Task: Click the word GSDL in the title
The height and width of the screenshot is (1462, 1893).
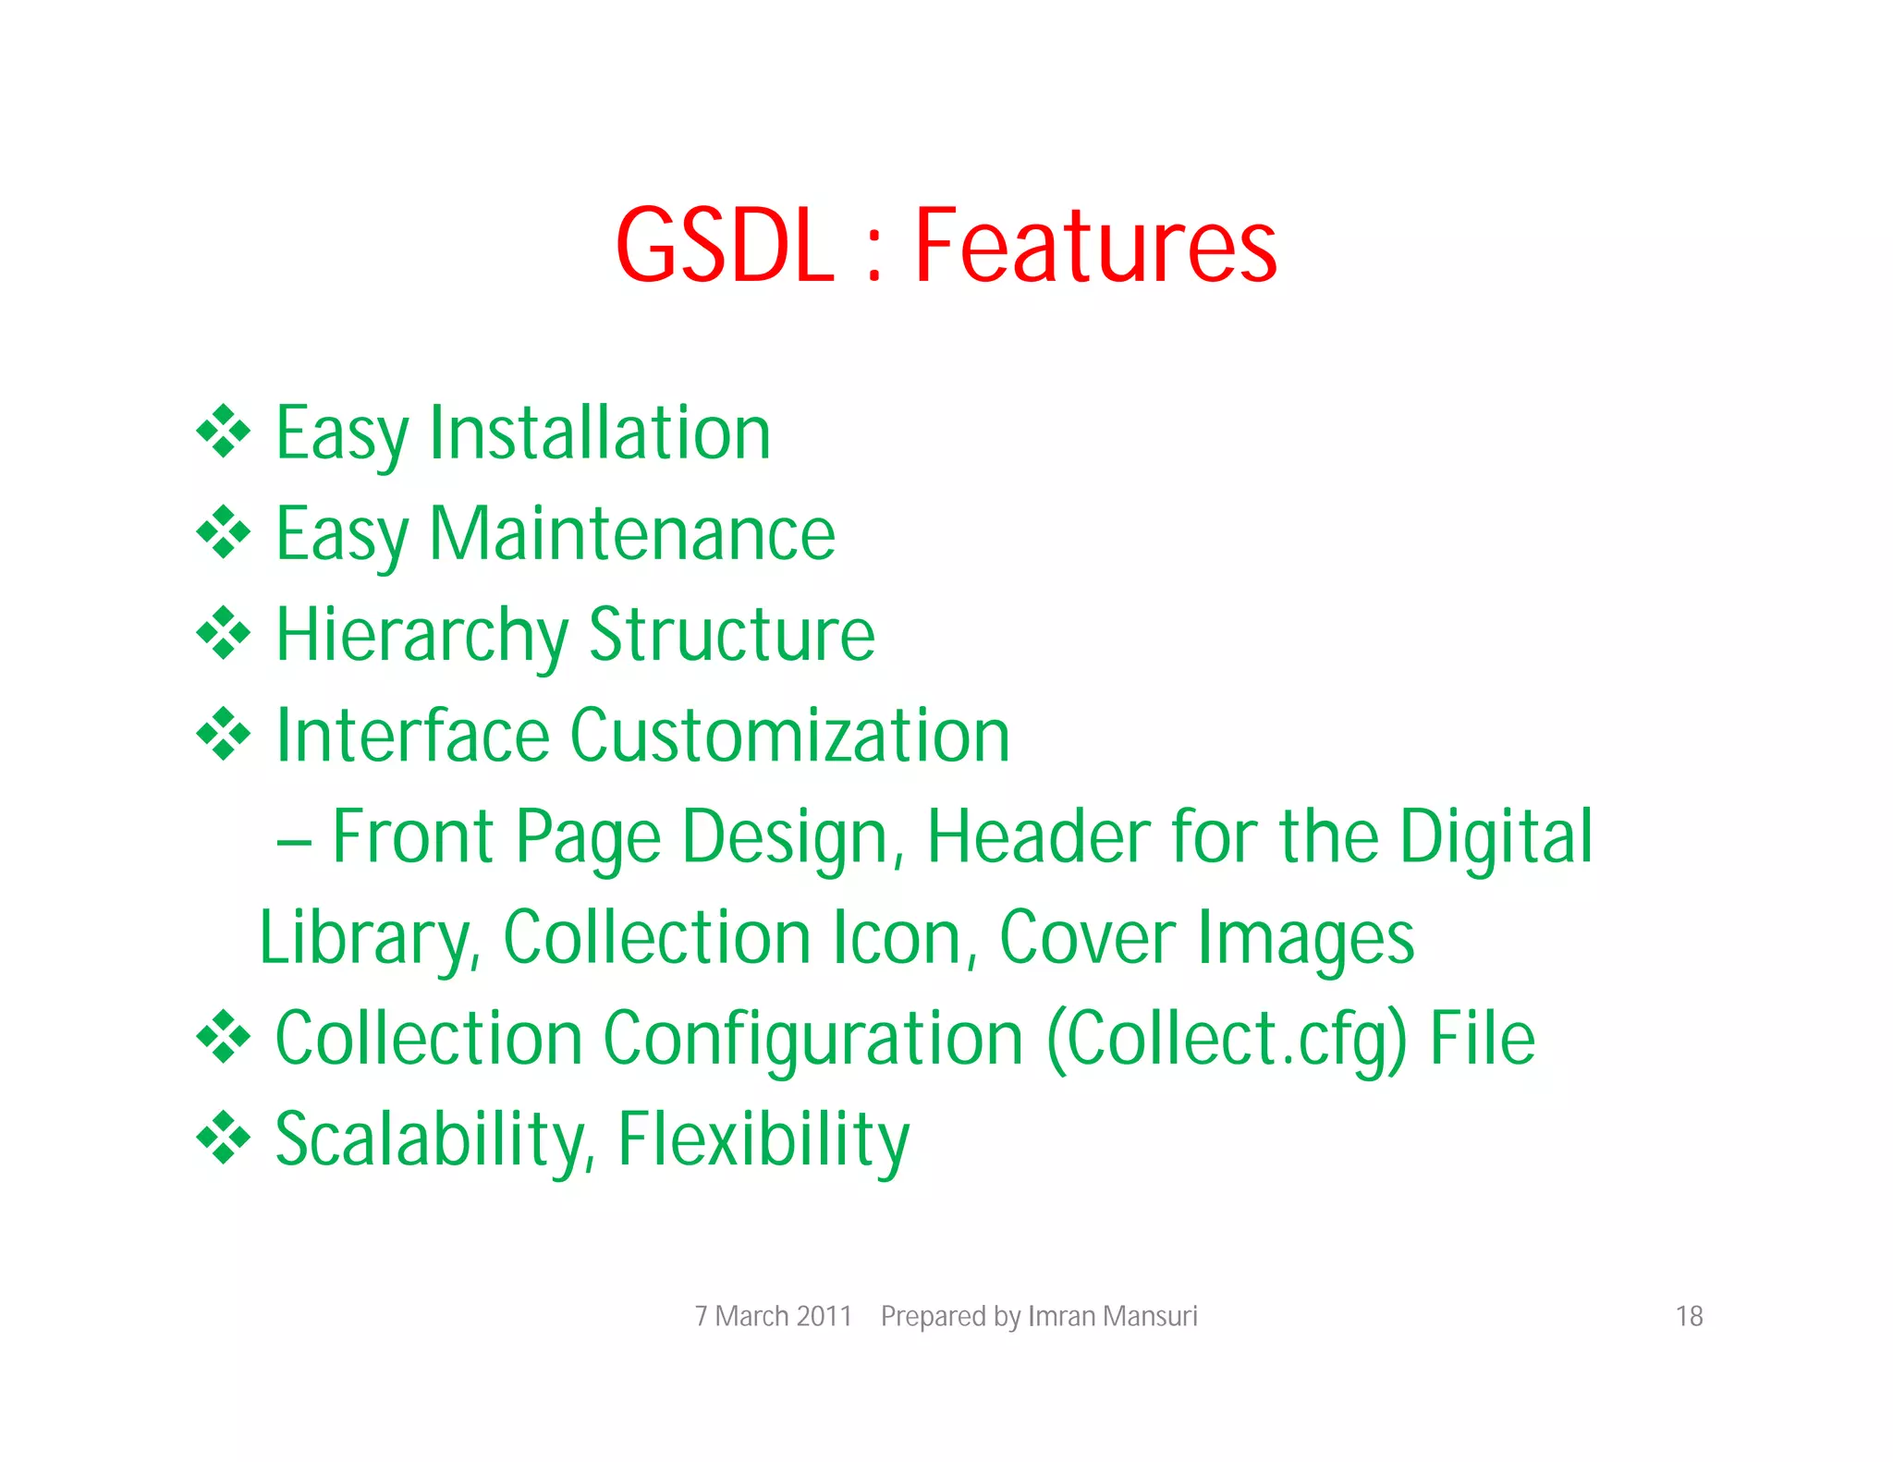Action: click(725, 246)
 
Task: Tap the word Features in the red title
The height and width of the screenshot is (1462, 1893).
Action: click(1095, 246)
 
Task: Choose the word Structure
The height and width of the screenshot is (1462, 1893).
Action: click(732, 636)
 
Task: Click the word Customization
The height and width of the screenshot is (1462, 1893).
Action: click(790, 736)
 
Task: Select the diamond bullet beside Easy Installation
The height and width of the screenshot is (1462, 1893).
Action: click(224, 431)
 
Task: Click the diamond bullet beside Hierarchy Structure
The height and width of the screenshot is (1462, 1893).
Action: click(224, 633)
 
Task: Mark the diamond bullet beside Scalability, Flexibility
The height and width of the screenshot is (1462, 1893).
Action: click(224, 1138)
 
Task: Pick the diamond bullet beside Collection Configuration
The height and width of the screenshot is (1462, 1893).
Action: click(224, 1037)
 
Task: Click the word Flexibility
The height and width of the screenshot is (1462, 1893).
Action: click(763, 1139)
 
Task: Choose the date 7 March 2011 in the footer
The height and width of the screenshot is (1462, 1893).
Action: click(773, 1316)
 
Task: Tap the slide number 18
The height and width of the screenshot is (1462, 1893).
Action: click(1689, 1316)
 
